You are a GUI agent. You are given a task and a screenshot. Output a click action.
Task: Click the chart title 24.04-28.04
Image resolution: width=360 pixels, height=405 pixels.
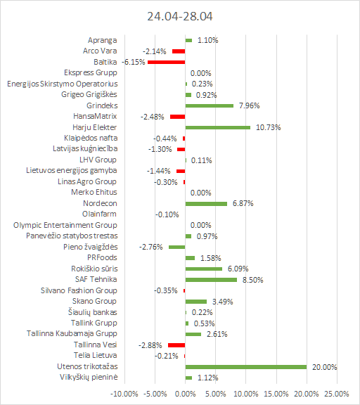click(x=180, y=16)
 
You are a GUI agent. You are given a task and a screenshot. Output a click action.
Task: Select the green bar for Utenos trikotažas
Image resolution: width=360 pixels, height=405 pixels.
click(x=246, y=367)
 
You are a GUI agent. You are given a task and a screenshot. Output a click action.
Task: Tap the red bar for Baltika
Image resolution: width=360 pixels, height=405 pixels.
click(x=167, y=62)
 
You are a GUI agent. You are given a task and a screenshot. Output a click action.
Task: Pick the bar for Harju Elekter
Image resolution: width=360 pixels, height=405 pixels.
click(x=218, y=127)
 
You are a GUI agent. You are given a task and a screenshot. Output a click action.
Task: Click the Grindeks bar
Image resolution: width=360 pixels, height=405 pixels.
click(x=210, y=105)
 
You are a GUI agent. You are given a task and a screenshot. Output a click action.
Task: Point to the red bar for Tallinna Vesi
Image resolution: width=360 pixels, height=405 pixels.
click(x=176, y=345)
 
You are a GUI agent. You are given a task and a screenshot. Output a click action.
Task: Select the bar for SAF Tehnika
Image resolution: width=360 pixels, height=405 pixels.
click(x=211, y=280)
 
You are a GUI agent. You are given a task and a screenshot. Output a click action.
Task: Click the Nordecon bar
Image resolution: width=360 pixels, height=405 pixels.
click(x=206, y=204)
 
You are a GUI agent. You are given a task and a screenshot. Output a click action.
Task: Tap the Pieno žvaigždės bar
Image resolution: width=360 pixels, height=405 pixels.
click(x=177, y=247)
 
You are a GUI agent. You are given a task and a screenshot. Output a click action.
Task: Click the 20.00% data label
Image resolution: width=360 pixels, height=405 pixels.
click(x=324, y=367)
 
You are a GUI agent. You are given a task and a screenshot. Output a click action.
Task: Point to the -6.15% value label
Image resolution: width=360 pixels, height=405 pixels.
click(x=134, y=62)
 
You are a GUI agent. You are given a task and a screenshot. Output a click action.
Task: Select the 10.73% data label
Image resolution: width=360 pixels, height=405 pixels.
click(x=268, y=127)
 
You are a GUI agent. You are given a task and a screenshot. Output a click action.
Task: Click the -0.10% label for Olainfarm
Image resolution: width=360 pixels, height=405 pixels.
click(x=167, y=214)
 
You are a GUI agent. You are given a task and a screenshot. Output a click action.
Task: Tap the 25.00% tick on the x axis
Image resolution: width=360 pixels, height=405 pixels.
click(x=337, y=394)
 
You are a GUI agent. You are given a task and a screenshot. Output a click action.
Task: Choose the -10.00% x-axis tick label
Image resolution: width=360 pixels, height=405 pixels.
click(x=124, y=394)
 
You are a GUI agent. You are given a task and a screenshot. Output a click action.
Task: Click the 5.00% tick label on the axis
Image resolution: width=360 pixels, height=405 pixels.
click(x=215, y=394)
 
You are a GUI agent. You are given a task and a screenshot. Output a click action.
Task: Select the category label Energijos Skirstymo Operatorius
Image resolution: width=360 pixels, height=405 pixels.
click(x=63, y=84)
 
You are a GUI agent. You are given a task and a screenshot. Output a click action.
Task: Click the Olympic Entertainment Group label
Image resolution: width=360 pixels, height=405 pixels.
click(x=65, y=225)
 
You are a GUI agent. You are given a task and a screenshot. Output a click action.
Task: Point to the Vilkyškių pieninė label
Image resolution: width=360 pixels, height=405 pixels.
click(x=89, y=377)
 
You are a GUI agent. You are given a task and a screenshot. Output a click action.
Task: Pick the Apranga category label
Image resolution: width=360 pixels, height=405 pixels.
click(x=102, y=40)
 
